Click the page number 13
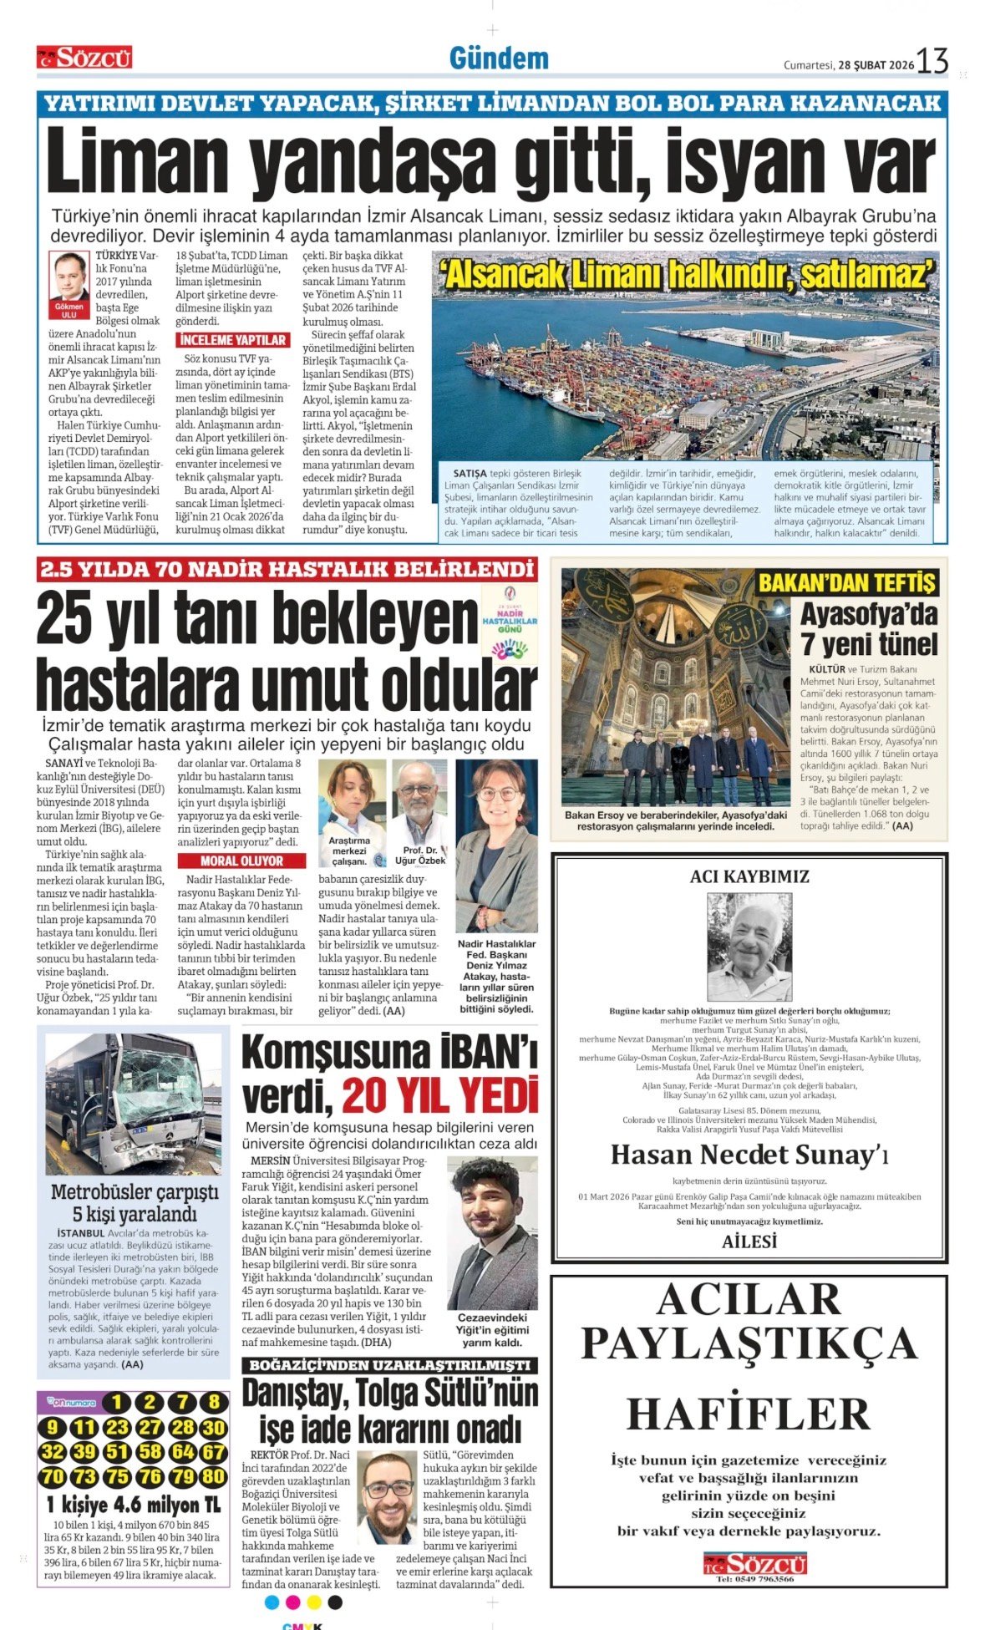pyautogui.click(x=932, y=62)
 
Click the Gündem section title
pyautogui.click(x=499, y=58)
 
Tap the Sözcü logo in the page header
pyautogui.click(x=84, y=58)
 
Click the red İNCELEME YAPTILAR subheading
pyautogui.click(x=232, y=340)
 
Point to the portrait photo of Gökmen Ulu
pyautogui.click(x=69, y=276)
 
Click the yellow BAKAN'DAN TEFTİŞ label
pyautogui.click(x=846, y=582)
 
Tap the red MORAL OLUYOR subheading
pyautogui.click(x=241, y=861)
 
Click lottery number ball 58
pyautogui.click(x=150, y=1452)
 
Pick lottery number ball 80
pyautogui.click(x=214, y=1476)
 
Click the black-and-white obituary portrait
pyautogui.click(x=749, y=947)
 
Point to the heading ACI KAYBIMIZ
pyautogui.click(x=749, y=876)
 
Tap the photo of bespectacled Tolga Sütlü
pyautogui.click(x=388, y=1498)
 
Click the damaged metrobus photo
pyautogui.click(x=134, y=1104)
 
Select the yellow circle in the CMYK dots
pyautogui.click(x=314, y=1602)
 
